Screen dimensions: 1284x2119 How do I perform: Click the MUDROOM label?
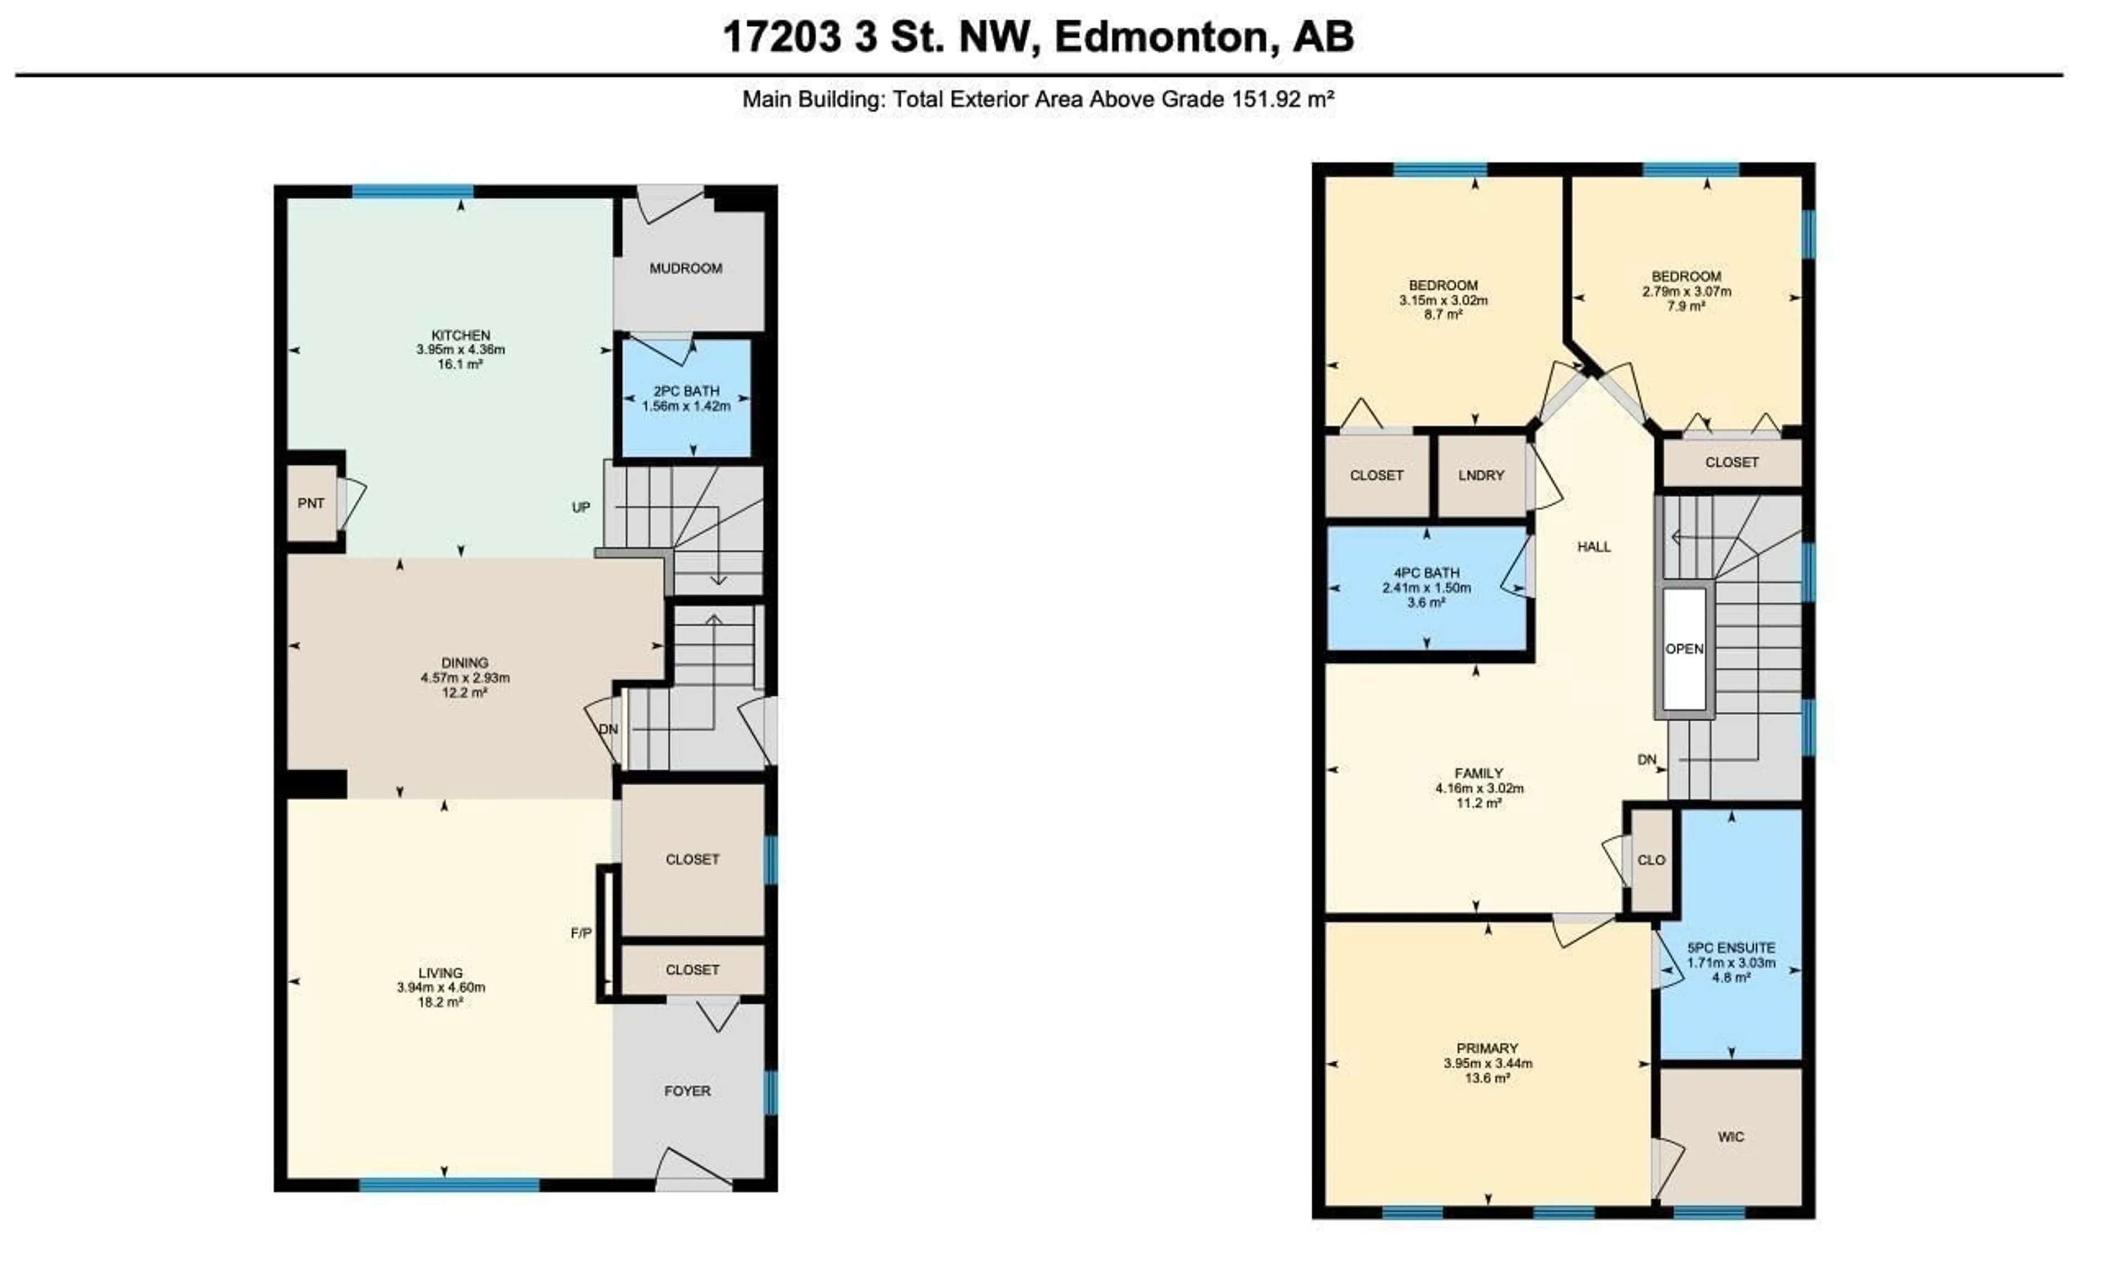(685, 268)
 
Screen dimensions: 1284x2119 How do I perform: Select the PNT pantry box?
(311, 504)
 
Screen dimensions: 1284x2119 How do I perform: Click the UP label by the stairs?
(582, 508)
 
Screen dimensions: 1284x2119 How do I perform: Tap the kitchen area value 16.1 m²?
(460, 365)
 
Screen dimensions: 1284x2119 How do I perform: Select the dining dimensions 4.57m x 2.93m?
(465, 678)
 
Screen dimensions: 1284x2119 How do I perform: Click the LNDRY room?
(1481, 476)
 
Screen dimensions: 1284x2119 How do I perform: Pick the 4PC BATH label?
(1426, 573)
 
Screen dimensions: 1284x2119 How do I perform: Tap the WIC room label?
(1731, 1137)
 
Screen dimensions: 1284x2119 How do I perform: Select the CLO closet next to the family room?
(1651, 860)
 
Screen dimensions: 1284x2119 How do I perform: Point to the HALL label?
(1594, 547)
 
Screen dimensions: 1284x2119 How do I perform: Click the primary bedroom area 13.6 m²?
(1487, 1078)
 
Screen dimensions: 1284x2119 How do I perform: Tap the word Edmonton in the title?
(1160, 37)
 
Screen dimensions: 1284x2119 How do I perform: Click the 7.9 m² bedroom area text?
(1686, 306)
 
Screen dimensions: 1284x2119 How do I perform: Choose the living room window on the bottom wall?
(449, 1185)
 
